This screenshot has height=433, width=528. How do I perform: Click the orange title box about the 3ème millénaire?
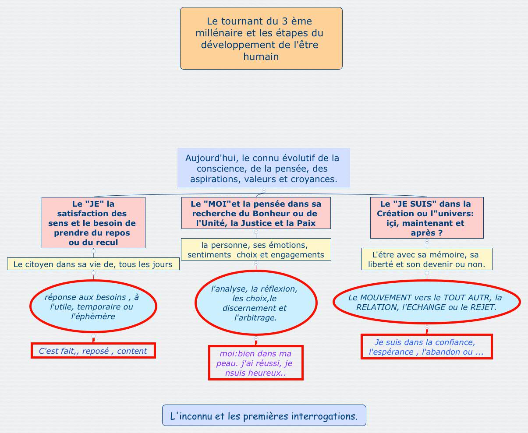pos(261,38)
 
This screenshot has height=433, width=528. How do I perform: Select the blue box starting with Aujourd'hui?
pos(264,168)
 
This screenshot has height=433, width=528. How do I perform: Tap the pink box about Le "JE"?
pos(93,222)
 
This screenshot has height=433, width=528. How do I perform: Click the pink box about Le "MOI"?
pos(256,213)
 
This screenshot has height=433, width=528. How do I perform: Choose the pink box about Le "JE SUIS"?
pos(427,218)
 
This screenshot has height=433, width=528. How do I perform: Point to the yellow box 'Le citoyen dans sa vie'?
pos(93,264)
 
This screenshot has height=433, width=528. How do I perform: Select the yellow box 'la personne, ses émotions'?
pos(256,250)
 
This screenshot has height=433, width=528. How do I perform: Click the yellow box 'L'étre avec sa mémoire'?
pos(427,259)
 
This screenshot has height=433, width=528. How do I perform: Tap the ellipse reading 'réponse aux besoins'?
pos(93,306)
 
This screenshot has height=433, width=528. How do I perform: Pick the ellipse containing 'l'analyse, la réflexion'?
pos(256,303)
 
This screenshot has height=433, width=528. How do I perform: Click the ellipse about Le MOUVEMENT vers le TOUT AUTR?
pos(427,302)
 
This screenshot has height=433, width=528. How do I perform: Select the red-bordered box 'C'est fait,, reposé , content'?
pos(93,351)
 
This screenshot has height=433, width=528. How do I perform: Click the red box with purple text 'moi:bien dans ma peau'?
pos(256,363)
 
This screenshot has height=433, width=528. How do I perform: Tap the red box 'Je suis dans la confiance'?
pos(427,347)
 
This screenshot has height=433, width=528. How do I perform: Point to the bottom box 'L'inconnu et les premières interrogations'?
pos(264,415)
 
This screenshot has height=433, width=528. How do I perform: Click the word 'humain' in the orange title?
pos(261,56)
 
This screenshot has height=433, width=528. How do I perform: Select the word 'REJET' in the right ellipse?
pos(483,307)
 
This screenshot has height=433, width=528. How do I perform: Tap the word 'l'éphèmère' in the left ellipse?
pos(93,316)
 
